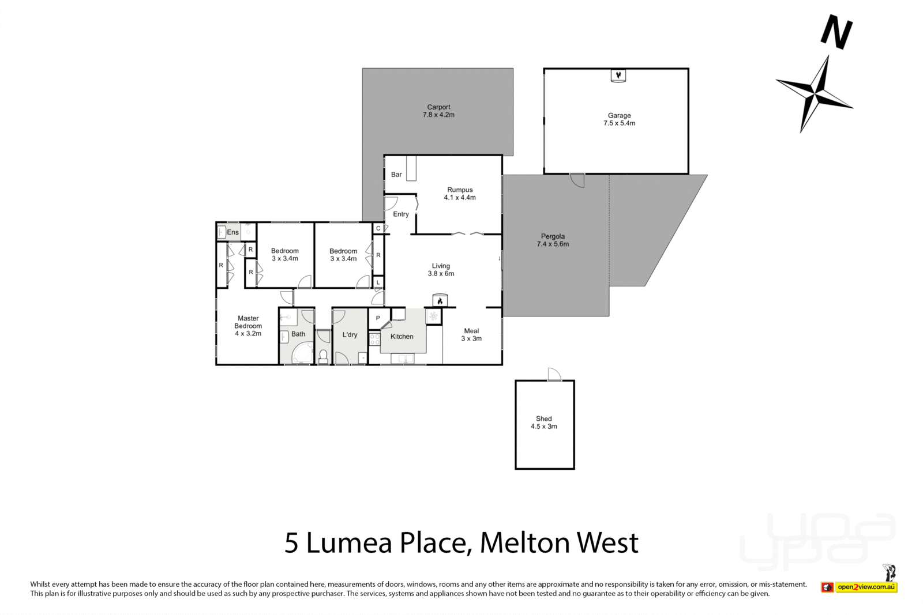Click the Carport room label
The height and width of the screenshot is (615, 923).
pos(438,107)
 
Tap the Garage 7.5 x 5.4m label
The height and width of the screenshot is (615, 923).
pos(619,119)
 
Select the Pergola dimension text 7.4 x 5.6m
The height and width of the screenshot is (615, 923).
pos(553,244)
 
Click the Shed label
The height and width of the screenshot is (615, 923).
pos(543,419)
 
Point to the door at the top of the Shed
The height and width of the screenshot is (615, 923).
pos(554,374)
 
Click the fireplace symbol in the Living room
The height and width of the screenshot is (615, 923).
pos(440,301)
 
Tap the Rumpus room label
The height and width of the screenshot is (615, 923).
pos(460,190)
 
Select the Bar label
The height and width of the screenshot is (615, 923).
pos(396,175)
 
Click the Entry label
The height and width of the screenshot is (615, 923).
pos(401,214)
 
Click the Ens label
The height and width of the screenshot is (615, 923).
pos(232,232)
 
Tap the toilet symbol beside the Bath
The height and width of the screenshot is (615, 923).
pos(323,355)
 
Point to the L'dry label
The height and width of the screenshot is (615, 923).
pos(350,335)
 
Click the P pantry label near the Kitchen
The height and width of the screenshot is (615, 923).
pos(378,318)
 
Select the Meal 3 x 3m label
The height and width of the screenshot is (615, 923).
pos(471,335)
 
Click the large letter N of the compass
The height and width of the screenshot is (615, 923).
pos(836,32)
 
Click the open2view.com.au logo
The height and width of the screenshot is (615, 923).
pos(865,587)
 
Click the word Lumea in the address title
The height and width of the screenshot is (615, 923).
pos(349,543)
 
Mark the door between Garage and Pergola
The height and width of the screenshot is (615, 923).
pos(577,180)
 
